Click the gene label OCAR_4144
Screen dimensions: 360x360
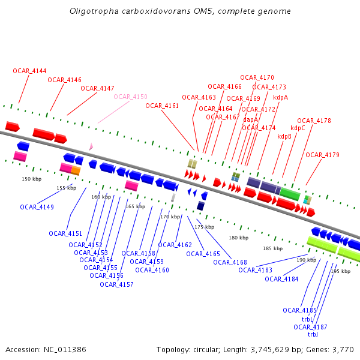pos(29,71)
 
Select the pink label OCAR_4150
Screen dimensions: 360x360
pos(130,97)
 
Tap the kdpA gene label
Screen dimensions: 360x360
pos(280,97)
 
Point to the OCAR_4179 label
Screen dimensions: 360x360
pos(322,155)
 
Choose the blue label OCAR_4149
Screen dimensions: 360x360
pos(37,207)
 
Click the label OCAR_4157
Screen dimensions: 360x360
pos(116,284)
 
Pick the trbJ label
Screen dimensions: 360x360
pos(313,334)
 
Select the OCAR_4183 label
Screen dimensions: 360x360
pos(255,270)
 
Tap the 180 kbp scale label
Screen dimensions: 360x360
pos(238,238)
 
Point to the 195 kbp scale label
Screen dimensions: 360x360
pos(340,271)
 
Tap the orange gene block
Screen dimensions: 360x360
pos(76,170)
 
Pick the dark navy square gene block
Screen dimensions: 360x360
pos(200,206)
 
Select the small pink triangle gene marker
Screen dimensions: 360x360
pos(91,146)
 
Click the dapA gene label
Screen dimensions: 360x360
pos(250,119)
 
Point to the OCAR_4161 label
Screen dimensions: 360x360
pos(162,106)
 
